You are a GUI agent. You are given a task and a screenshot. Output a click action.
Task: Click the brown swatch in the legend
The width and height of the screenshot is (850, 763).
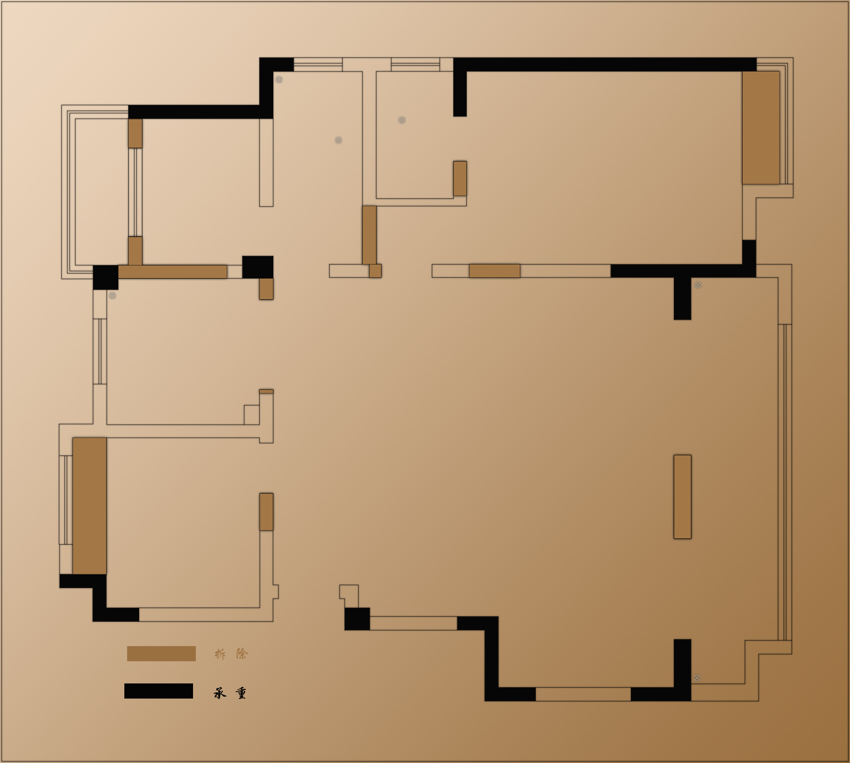click(x=161, y=653)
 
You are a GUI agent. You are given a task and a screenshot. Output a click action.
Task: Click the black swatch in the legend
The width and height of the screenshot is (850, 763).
click(x=159, y=691)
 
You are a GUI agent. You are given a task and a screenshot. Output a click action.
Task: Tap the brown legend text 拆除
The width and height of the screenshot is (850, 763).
click(x=231, y=654)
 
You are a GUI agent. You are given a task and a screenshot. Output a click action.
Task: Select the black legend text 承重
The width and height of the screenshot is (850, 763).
click(x=230, y=693)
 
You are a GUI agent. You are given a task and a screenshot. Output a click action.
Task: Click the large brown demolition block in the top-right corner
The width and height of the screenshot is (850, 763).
click(x=761, y=127)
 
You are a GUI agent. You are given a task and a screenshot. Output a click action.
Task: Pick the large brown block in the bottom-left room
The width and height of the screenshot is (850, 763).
click(x=89, y=506)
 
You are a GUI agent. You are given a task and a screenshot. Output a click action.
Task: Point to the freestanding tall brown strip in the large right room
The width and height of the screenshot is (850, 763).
click(x=682, y=497)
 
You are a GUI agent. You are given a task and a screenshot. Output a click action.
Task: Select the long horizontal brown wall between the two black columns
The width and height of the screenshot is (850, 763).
click(x=172, y=272)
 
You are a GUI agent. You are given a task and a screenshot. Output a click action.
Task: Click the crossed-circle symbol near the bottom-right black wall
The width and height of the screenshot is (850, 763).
click(x=697, y=678)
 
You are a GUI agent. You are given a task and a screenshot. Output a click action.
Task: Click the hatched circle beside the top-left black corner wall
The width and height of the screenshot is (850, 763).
click(x=279, y=80)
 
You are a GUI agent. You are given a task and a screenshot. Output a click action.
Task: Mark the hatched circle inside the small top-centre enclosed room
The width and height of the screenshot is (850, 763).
click(x=402, y=120)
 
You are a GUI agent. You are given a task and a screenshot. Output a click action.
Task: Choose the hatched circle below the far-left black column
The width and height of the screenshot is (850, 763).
click(x=112, y=295)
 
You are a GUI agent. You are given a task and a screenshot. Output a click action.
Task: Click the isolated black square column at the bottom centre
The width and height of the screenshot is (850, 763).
click(x=357, y=619)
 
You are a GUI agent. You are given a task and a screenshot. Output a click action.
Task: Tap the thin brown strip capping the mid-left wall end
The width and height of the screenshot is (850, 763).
click(x=266, y=391)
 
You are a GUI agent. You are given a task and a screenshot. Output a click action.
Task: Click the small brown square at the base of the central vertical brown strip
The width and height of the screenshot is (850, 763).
click(x=375, y=271)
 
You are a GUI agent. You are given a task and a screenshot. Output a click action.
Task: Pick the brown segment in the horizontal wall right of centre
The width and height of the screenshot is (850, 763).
click(x=495, y=271)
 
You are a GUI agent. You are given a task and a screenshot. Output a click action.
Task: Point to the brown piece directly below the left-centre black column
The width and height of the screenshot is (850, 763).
click(x=266, y=289)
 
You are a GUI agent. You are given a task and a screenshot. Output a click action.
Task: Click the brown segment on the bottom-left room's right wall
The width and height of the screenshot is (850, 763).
click(x=266, y=512)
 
